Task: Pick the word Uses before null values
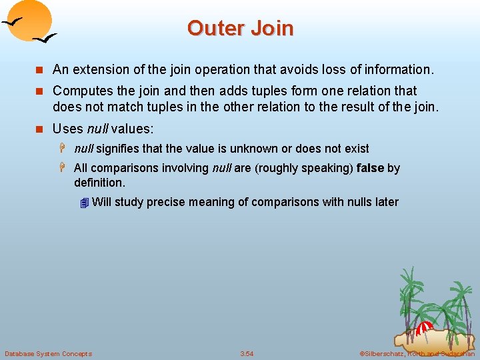[67, 129]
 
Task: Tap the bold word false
[370, 168]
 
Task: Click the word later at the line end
[386, 202]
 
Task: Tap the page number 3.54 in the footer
[247, 353]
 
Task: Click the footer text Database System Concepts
[48, 353]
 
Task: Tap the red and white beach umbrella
[425, 327]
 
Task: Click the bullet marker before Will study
[83, 203]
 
